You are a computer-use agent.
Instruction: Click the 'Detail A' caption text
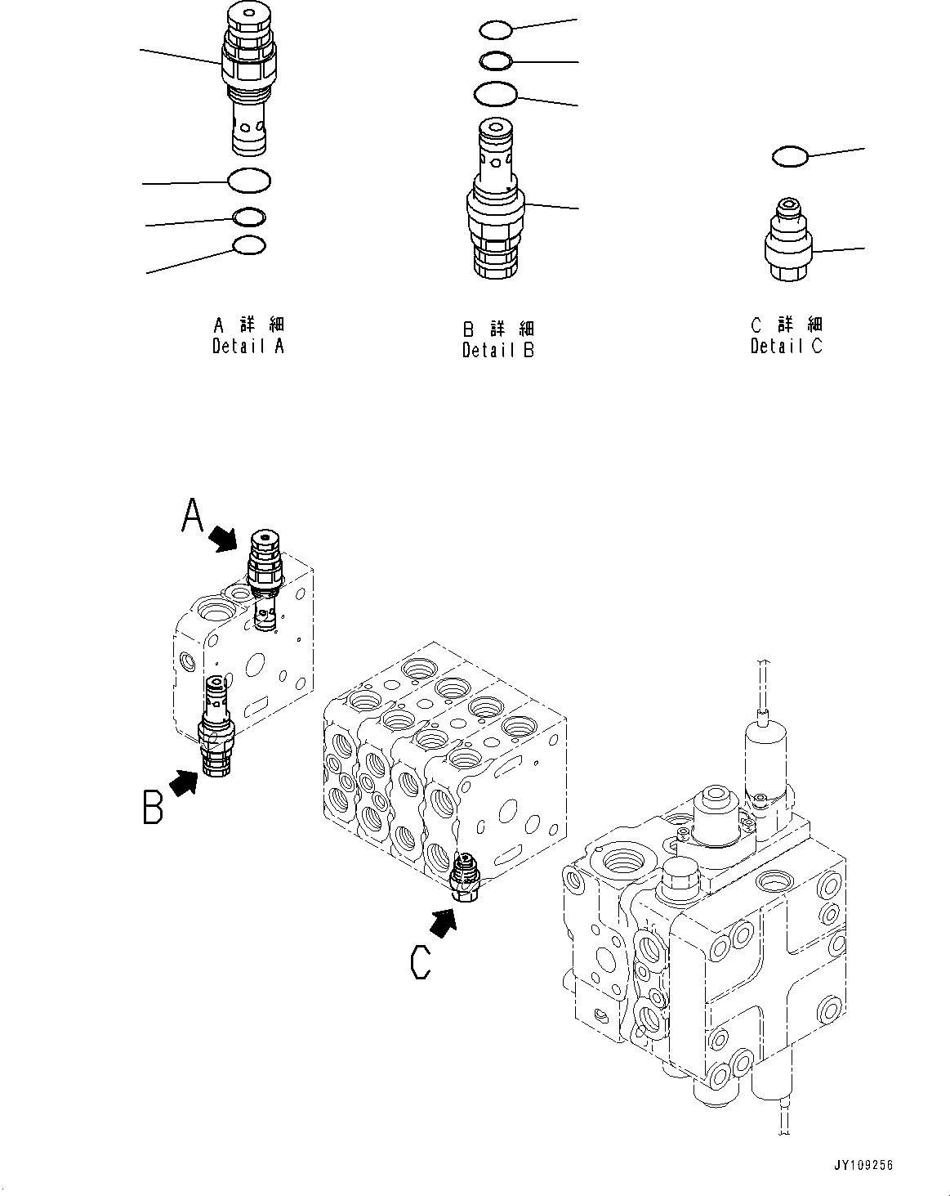[248, 346]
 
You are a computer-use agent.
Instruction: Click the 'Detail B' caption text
[497, 351]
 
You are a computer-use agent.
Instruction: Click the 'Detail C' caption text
[786, 346]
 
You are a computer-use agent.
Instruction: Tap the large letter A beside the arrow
[191, 517]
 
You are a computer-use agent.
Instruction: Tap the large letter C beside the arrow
[420, 961]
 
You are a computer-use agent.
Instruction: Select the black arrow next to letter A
[222, 538]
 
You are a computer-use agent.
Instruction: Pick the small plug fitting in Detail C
[789, 241]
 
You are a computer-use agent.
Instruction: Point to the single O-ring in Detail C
[790, 156]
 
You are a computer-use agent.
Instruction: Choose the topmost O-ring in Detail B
[495, 30]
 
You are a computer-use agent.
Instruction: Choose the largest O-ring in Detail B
[495, 94]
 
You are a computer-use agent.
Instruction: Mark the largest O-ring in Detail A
[249, 180]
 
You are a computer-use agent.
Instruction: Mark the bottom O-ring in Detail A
[249, 245]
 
